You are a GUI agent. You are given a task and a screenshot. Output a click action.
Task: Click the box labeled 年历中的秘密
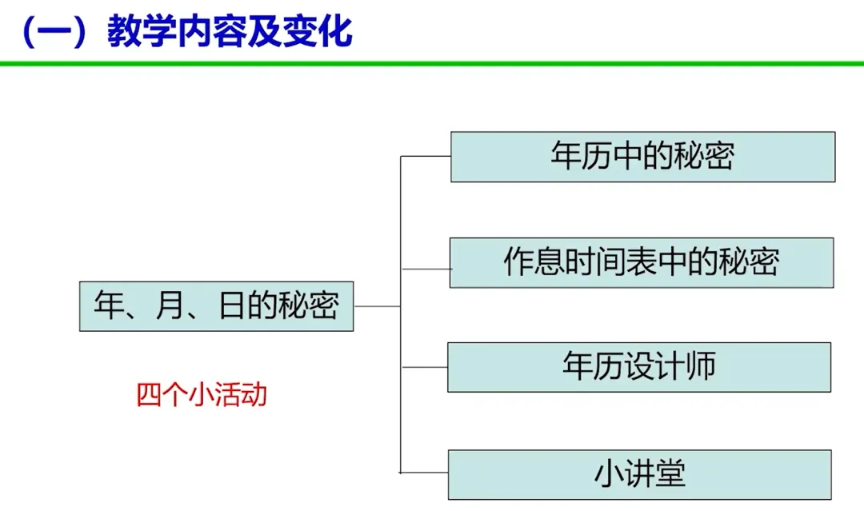click(x=642, y=157)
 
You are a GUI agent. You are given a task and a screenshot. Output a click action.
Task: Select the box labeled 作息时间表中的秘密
click(x=641, y=262)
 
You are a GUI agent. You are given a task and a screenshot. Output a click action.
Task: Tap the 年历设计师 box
click(x=638, y=367)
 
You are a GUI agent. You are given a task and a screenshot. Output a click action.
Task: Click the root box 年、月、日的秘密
click(x=216, y=305)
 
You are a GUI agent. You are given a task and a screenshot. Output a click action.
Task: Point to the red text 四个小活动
click(x=202, y=395)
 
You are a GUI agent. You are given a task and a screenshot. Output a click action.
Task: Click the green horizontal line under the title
click(x=432, y=63)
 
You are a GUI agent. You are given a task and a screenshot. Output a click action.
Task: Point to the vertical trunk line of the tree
click(x=400, y=320)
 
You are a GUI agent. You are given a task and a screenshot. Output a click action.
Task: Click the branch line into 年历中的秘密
click(x=425, y=157)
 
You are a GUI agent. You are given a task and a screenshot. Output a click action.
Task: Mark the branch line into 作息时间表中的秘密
click(x=425, y=269)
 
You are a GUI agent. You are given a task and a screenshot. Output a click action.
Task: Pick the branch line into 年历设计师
click(x=423, y=367)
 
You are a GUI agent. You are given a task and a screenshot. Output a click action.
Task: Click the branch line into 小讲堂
click(x=423, y=473)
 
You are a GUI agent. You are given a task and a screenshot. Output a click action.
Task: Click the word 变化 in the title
click(x=322, y=33)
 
